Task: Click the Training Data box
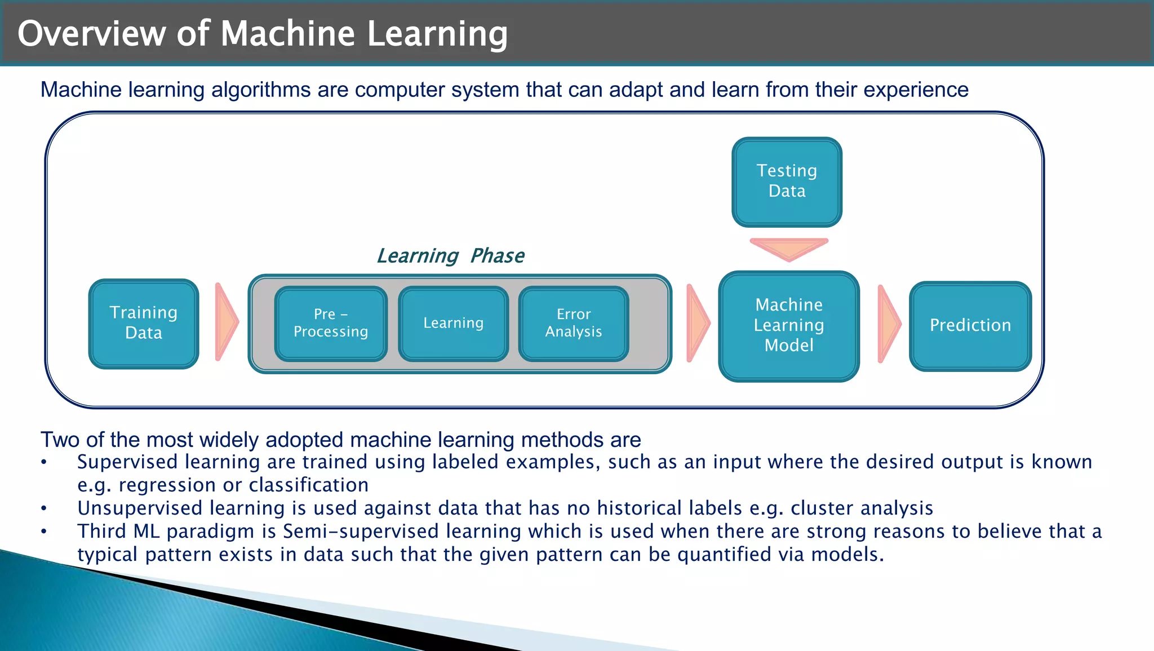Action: (x=144, y=324)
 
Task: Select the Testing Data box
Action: (x=787, y=181)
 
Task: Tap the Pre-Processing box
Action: (x=331, y=324)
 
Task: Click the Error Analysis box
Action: (x=573, y=324)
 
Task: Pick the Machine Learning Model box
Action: (x=789, y=326)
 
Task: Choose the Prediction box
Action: (x=970, y=326)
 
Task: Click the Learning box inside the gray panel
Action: (x=453, y=324)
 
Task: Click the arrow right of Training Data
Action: (x=226, y=322)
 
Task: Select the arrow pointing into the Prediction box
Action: (x=889, y=324)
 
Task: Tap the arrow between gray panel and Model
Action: (x=698, y=324)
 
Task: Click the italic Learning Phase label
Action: (x=450, y=256)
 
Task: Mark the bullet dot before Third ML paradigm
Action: (x=44, y=532)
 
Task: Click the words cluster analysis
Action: (x=862, y=508)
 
